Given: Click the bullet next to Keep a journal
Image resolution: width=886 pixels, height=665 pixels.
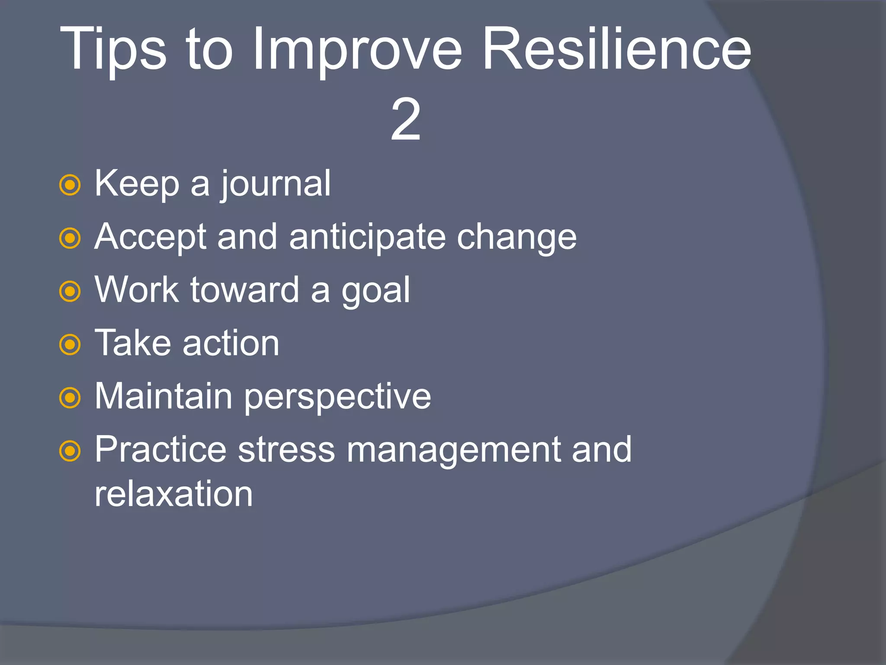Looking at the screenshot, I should (70, 185).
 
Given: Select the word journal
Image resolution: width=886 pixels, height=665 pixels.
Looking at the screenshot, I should (276, 184).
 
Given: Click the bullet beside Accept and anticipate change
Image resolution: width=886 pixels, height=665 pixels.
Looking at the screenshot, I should (70, 239).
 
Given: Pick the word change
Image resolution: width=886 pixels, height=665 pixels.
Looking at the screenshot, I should (517, 238).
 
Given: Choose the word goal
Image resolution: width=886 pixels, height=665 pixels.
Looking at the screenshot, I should (376, 291).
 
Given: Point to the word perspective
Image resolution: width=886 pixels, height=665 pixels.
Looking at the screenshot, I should (337, 397).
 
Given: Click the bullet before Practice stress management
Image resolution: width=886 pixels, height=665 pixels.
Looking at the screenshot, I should (70, 452).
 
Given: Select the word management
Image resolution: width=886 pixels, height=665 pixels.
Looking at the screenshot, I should (453, 450).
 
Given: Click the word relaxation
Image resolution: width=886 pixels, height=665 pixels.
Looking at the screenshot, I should (173, 494).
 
